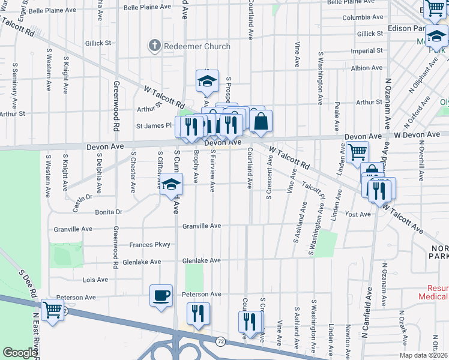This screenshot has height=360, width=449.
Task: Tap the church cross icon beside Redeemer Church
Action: click(x=155, y=46)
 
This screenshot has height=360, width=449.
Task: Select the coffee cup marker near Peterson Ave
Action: click(x=161, y=296)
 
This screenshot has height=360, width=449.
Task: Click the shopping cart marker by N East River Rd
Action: click(x=53, y=310)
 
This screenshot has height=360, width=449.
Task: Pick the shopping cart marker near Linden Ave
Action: click(x=358, y=152)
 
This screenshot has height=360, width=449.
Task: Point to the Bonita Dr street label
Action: click(x=108, y=212)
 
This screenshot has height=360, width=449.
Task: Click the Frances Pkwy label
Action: click(x=150, y=245)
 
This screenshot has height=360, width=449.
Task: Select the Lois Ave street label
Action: click(x=95, y=280)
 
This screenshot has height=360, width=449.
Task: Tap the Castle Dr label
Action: click(x=82, y=197)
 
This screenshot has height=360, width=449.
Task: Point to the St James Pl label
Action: click(x=154, y=126)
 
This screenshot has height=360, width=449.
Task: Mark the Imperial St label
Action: click(x=367, y=51)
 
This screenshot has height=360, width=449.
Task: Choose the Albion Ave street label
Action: click(x=367, y=68)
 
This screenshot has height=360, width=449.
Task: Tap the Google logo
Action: click(x=20, y=353)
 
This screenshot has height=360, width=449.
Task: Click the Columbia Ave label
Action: click(x=363, y=17)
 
